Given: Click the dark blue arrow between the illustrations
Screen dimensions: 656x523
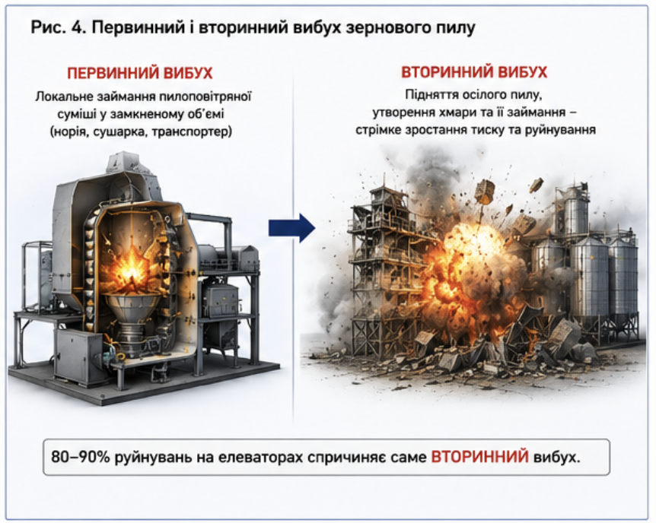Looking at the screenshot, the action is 291,228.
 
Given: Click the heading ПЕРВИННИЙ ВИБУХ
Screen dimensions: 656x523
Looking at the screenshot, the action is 140,73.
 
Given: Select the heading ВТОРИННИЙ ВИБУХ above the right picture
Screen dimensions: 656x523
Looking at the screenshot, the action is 474,72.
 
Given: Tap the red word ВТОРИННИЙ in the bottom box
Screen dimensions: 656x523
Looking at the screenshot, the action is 479,457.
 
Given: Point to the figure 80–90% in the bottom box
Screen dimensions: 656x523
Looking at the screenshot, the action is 81,457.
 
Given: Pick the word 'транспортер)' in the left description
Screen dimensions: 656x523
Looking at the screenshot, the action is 192,132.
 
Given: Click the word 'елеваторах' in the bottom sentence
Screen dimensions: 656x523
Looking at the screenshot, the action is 255,458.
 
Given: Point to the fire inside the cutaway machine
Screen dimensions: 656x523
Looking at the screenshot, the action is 132,270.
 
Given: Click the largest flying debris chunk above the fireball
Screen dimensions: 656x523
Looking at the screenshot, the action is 485,192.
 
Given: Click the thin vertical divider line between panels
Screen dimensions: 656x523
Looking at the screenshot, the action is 293,246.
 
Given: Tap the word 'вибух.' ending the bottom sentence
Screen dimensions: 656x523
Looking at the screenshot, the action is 557,458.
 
